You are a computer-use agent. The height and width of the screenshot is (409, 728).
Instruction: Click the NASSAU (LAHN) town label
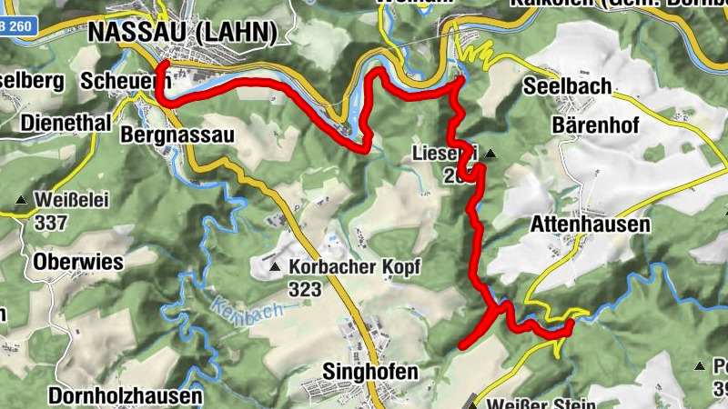point(182,33)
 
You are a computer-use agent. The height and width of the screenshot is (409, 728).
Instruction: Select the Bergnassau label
point(177,135)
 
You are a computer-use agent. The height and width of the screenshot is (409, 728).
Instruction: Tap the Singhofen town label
point(370,372)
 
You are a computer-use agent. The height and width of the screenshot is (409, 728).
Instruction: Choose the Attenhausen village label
point(592,224)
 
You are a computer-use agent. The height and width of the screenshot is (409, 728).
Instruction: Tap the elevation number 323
point(306,290)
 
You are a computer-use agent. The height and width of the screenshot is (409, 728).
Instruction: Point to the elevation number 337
point(51,221)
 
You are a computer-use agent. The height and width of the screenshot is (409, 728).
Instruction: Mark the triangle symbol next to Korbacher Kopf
point(276,267)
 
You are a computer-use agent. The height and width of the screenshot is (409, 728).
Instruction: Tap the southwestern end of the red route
point(462,346)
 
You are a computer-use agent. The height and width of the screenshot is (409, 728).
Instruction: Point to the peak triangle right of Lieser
point(490,154)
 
